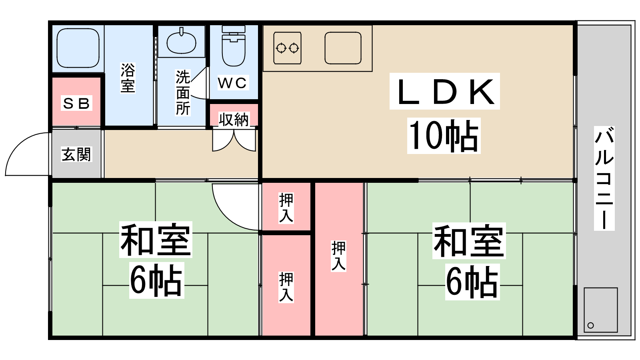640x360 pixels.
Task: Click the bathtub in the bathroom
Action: click(x=78, y=48)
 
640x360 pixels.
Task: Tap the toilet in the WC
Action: click(x=234, y=46)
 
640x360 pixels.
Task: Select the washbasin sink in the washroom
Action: click(x=181, y=42)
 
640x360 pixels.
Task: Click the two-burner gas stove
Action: click(x=287, y=48)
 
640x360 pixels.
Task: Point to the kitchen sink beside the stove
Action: click(x=343, y=48)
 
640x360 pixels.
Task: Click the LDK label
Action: click(x=444, y=92)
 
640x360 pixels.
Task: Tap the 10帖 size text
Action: click(x=444, y=136)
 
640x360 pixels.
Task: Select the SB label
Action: click(x=76, y=103)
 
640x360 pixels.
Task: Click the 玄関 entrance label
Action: click(x=76, y=154)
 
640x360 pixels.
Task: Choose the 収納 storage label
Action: click(x=234, y=120)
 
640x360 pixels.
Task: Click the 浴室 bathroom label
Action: click(x=128, y=78)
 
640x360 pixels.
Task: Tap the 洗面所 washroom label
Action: click(x=183, y=92)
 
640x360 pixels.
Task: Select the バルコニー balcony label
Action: click(x=604, y=178)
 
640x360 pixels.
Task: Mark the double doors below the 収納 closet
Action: click(x=234, y=140)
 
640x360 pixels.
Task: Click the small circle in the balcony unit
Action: click(x=590, y=325)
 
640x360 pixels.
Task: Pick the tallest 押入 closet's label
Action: click(x=338, y=256)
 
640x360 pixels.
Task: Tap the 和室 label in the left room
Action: click(x=156, y=240)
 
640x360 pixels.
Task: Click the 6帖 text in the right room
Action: click(x=472, y=282)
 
